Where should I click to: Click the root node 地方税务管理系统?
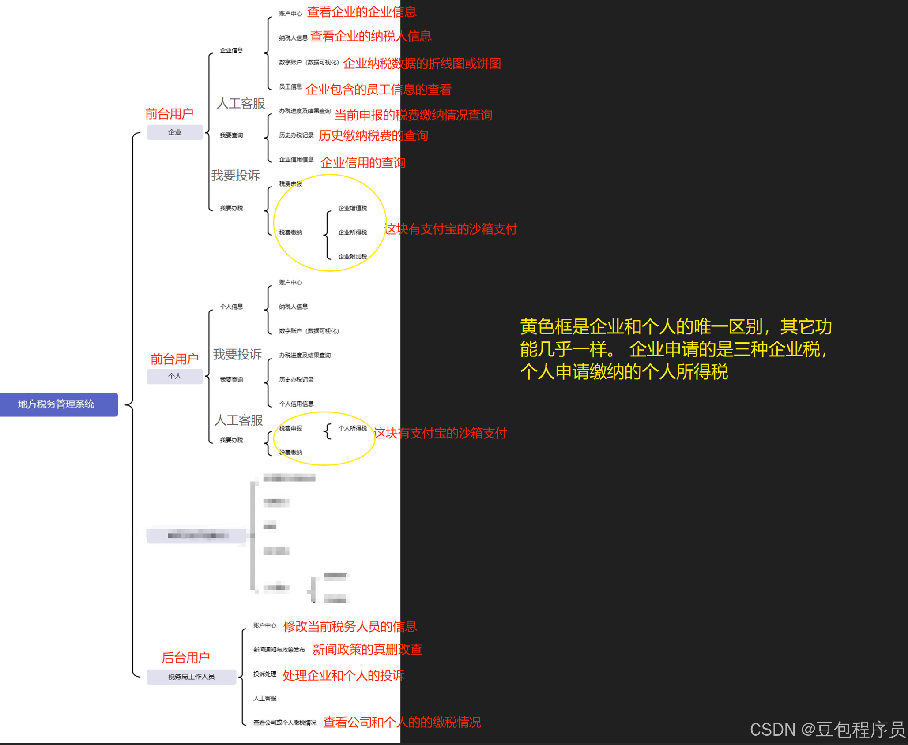pyautogui.click(x=57, y=404)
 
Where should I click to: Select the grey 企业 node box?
pyautogui.click(x=175, y=132)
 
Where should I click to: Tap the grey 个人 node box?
pyautogui.click(x=175, y=376)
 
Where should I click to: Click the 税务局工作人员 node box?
pyautogui.click(x=191, y=677)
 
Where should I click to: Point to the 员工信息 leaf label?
pyautogui.click(x=290, y=87)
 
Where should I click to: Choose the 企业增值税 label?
pyautogui.click(x=352, y=208)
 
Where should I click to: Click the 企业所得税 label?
pyautogui.click(x=352, y=232)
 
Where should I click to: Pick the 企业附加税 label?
pyautogui.click(x=352, y=257)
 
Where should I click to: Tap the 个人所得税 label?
pyautogui.click(x=352, y=428)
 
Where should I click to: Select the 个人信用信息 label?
pyautogui.click(x=296, y=404)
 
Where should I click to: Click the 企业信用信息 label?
pyautogui.click(x=296, y=160)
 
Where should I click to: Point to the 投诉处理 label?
pyautogui.click(x=265, y=674)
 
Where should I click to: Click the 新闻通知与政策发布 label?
pyautogui.click(x=279, y=650)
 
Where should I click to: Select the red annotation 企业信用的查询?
pyautogui.click(x=363, y=163)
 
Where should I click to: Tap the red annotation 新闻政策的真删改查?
pyautogui.click(x=367, y=649)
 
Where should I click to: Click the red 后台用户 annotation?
pyautogui.click(x=185, y=658)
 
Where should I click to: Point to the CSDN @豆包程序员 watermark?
pyautogui.click(x=827, y=730)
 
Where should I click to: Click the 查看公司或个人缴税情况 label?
pyautogui.click(x=285, y=723)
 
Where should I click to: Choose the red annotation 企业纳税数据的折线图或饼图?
pyautogui.click(x=422, y=64)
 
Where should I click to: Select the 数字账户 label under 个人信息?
pyautogui.click(x=309, y=331)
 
